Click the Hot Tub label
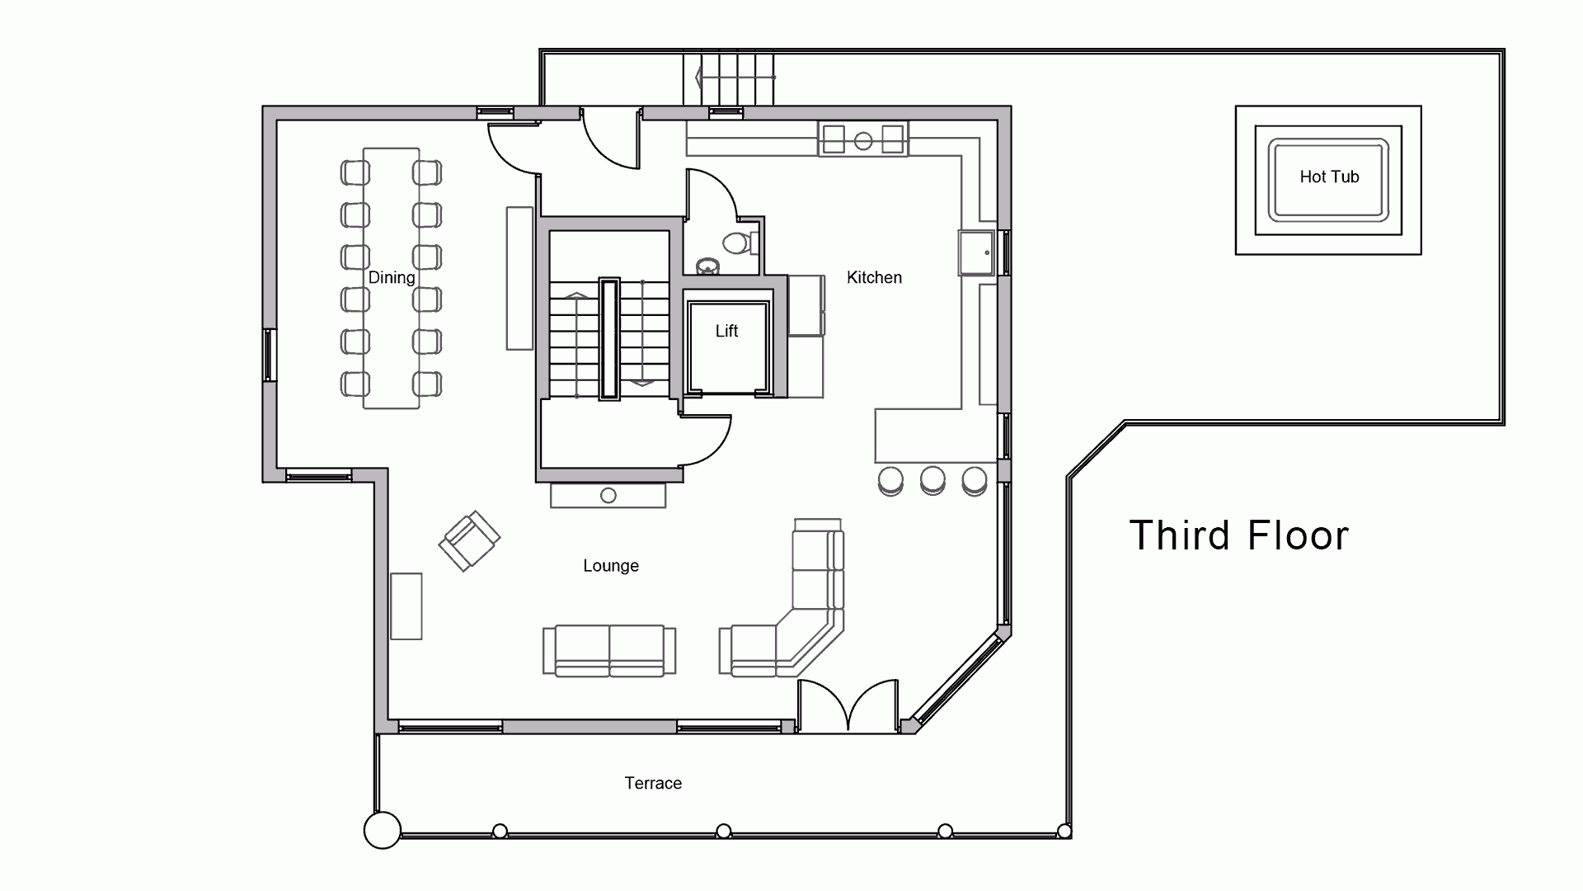coord(1329,177)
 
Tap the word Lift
coord(726,331)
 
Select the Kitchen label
coord(874,278)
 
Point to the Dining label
coord(392,278)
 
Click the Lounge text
coord(611,566)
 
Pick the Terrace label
coord(653,784)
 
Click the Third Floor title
coord(1238,535)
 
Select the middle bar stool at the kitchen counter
coord(932,481)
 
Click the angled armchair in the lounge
coord(469,540)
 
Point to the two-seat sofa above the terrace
coord(609,651)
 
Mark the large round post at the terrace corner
coord(383,830)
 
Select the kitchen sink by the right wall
coord(978,252)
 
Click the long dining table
coord(392,278)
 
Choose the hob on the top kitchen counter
coord(863,139)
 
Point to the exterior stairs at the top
coord(730,78)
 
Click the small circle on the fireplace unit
coord(608,496)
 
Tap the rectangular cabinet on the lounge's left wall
coord(406,606)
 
